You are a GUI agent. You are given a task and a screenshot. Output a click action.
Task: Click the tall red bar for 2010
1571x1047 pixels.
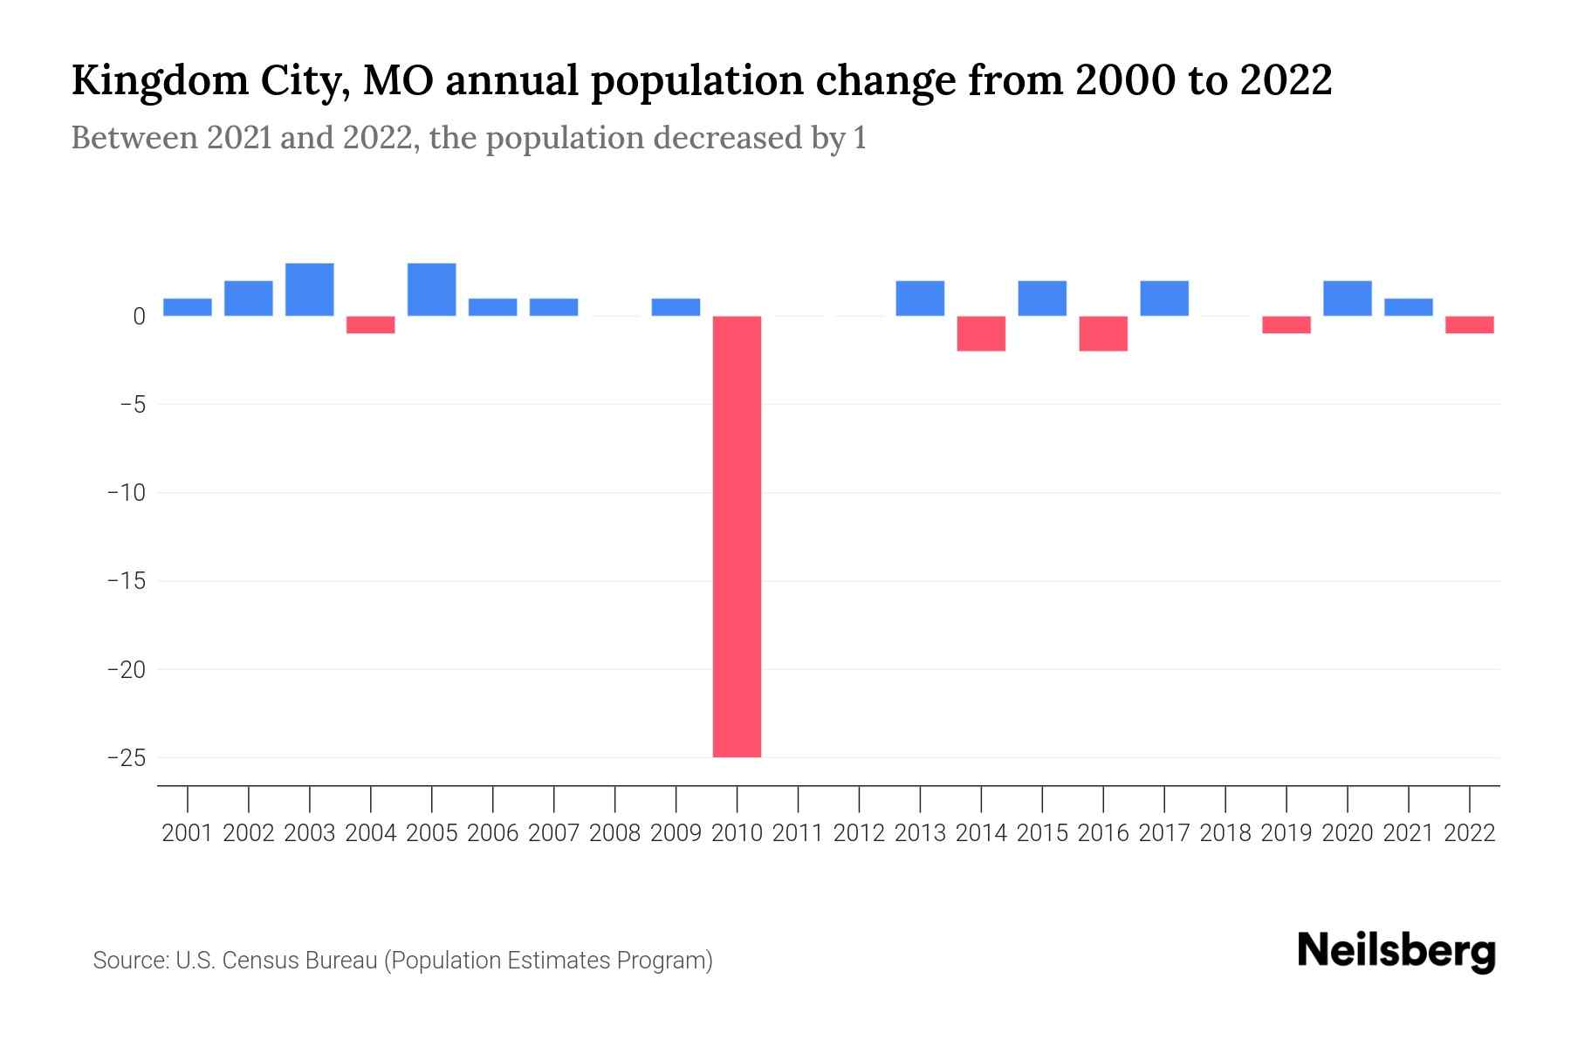737,537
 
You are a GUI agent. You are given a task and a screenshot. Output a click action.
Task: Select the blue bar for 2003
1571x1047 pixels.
310,290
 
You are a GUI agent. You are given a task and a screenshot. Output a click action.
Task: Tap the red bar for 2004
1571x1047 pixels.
371,325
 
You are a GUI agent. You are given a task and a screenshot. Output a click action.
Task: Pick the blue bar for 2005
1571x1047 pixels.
432,290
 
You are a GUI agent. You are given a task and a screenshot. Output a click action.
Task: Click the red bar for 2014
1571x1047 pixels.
981,333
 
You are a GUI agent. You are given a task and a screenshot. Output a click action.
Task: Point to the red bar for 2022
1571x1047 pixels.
1470,325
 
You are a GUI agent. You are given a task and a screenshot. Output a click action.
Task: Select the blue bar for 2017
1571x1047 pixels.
1164,298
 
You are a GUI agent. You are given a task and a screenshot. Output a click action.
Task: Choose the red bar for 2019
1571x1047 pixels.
1286,325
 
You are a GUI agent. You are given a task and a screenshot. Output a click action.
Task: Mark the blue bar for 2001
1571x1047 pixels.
188,307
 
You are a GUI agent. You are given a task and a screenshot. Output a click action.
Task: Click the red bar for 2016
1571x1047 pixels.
1103,333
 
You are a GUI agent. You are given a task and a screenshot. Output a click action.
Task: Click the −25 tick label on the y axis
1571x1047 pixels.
127,757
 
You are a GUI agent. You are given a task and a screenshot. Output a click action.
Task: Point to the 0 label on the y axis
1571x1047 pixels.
139,317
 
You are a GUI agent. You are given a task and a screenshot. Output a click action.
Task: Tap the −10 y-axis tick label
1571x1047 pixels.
127,493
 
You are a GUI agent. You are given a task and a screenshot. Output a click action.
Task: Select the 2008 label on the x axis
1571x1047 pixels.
614,833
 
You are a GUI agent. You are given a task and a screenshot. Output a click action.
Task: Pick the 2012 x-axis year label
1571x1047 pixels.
859,833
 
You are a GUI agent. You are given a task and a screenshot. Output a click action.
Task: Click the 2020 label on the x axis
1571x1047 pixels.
1348,833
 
